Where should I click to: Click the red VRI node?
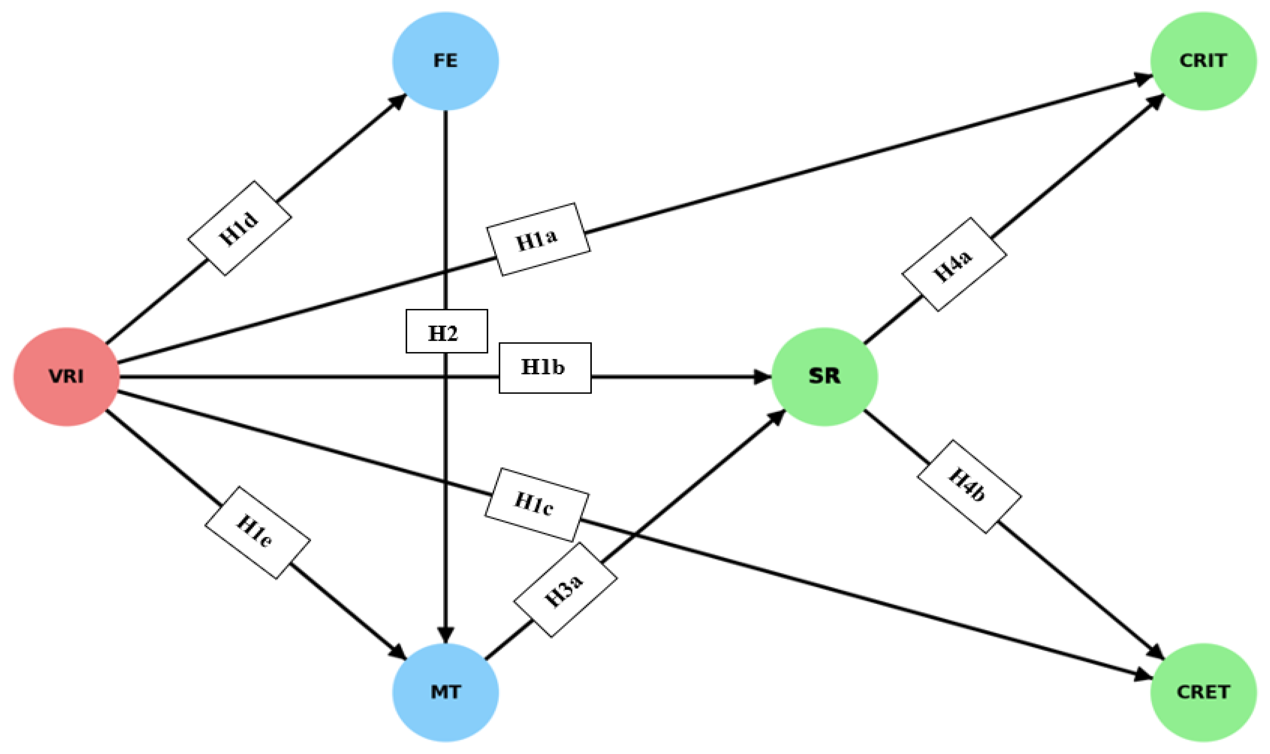click(67, 377)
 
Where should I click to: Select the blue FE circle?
click(445, 61)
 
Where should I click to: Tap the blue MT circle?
click(445, 692)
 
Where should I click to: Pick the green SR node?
click(824, 377)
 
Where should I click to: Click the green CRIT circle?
click(1203, 61)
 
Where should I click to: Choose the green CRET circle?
click(1203, 692)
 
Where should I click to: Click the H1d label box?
click(239, 228)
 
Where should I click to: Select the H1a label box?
click(538, 239)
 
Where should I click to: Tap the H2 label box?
click(446, 331)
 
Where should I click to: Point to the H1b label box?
click(545, 368)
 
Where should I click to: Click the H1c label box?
click(537, 505)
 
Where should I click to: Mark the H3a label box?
click(565, 590)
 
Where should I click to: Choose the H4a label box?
click(954, 264)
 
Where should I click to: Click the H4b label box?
click(969, 487)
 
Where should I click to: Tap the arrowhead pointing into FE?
click(398, 101)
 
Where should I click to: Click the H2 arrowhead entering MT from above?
click(445, 635)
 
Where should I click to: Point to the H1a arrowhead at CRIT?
click(1143, 79)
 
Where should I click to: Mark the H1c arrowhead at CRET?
click(1143, 675)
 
